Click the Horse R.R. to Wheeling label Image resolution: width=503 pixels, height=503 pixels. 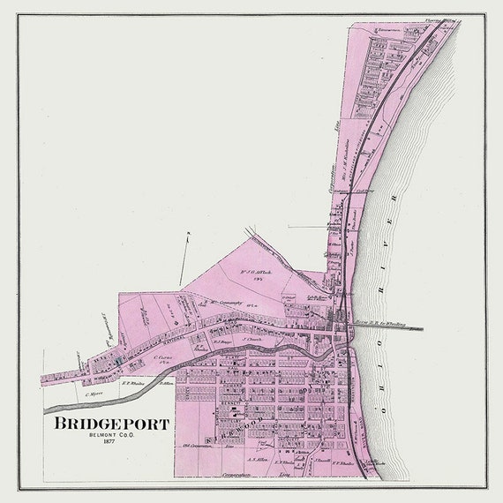[380, 325]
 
